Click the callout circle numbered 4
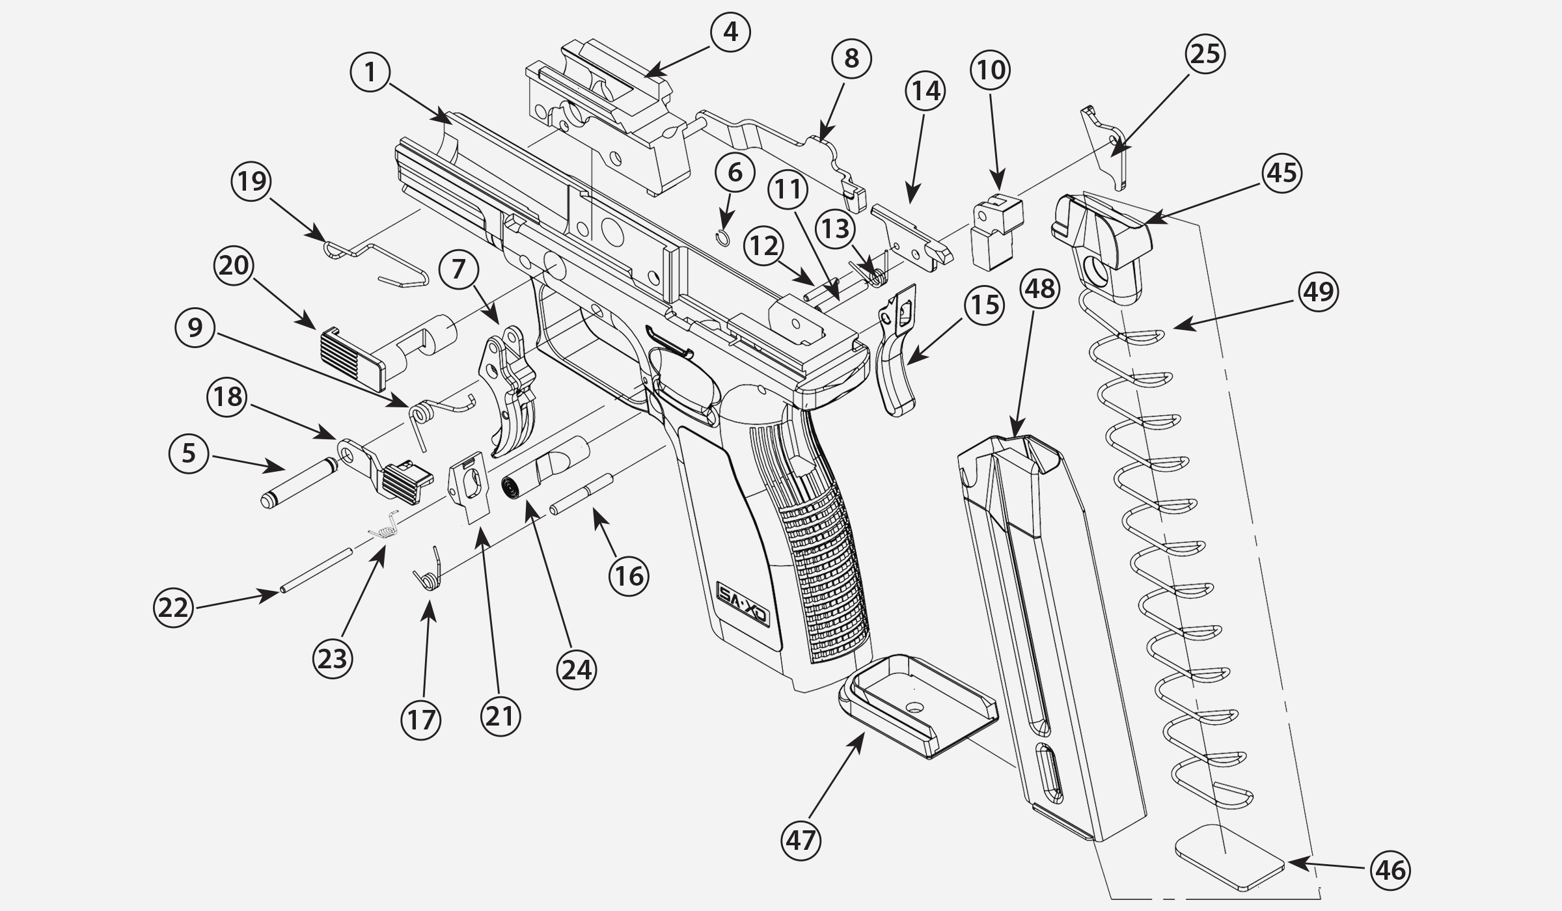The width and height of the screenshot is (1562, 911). [730, 31]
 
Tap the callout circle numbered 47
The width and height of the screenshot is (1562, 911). [801, 841]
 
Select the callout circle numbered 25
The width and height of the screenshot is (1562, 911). [1205, 53]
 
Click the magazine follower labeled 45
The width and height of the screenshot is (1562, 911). [1100, 247]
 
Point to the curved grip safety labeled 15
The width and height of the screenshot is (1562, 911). [897, 371]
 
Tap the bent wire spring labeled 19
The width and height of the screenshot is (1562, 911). [377, 260]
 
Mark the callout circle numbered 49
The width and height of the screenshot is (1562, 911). [1319, 292]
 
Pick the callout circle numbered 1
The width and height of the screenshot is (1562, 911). [370, 72]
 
